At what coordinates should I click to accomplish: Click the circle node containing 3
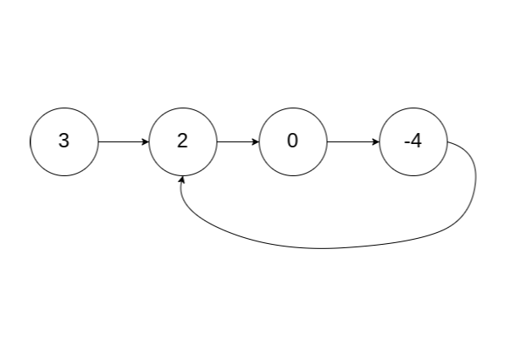[x=64, y=141]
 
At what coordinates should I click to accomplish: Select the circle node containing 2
[x=183, y=141]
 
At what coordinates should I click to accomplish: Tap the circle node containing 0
[x=293, y=141]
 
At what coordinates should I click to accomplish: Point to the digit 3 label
[x=64, y=141]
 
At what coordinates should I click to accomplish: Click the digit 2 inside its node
[x=183, y=141]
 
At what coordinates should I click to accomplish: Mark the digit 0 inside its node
[x=293, y=141]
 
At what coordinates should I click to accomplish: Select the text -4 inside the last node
[x=413, y=141]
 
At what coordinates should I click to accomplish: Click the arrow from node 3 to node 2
[x=123, y=141]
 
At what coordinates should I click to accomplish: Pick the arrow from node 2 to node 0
[x=237, y=141]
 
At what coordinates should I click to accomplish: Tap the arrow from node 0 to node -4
[x=352, y=141]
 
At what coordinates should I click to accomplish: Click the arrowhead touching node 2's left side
[x=145, y=141]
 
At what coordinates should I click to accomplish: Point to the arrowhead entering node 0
[x=255, y=141]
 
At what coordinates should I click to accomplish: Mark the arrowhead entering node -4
[x=376, y=141]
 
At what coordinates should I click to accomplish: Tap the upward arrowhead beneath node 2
[x=183, y=180]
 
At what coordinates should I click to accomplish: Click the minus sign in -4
[x=406, y=142]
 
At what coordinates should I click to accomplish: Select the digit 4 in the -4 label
[x=416, y=141]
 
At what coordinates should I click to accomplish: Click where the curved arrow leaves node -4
[x=450, y=143]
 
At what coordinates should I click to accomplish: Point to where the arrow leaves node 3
[x=100, y=141]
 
